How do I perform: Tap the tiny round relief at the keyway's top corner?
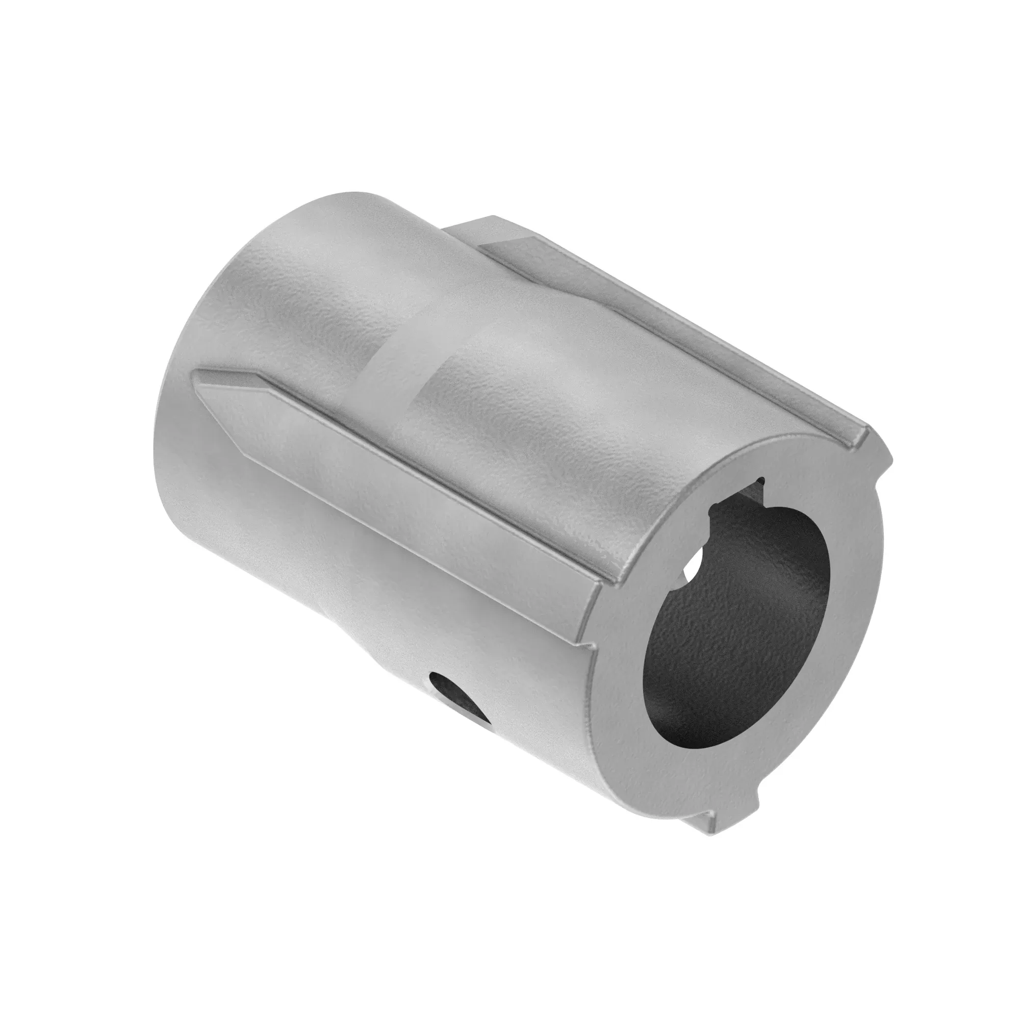(762, 480)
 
